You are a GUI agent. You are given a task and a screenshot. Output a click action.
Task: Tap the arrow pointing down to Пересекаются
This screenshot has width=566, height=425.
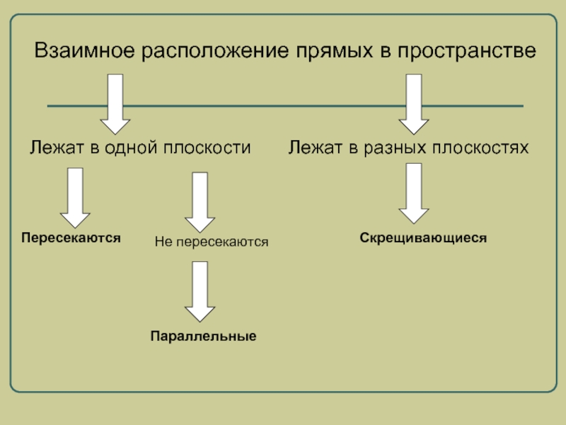[74, 196]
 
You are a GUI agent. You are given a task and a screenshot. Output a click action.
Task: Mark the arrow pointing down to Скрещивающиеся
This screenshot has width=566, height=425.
[414, 193]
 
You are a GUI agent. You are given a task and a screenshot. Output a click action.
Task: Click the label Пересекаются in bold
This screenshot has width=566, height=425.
[71, 238]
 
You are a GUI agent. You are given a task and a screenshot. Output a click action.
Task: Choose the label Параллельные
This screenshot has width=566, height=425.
[202, 335]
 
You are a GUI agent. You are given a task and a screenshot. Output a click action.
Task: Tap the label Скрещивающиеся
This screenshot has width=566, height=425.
[423, 238]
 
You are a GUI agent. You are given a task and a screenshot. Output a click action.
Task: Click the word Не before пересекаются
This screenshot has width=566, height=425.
[163, 242]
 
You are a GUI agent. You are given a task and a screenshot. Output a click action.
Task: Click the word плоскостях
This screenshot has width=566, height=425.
[480, 148]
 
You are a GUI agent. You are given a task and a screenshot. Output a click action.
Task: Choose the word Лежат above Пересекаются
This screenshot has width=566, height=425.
[54, 148]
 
